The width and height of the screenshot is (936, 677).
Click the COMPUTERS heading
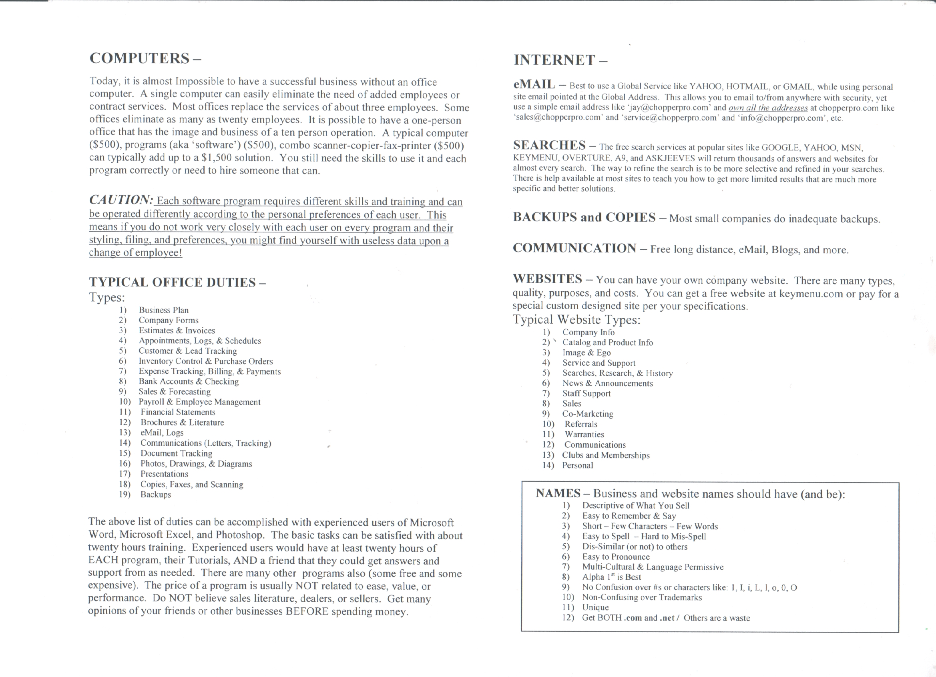pyautogui.click(x=139, y=58)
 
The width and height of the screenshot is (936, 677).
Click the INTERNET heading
pyautogui.click(x=554, y=60)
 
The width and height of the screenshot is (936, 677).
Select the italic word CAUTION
pyautogui.click(x=121, y=200)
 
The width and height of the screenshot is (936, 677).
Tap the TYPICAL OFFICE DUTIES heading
pyautogui.click(x=173, y=282)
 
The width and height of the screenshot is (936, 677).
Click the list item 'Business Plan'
pyautogui.click(x=163, y=310)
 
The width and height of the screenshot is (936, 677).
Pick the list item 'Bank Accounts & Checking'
pyautogui.click(x=189, y=382)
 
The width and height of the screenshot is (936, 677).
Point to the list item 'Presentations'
pyautogui.click(x=164, y=474)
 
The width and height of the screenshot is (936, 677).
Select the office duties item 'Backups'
pyautogui.click(x=156, y=495)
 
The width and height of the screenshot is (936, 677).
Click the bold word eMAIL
pyautogui.click(x=534, y=84)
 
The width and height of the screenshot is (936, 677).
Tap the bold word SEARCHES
pyautogui.click(x=549, y=145)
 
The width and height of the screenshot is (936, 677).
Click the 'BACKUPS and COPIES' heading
pyautogui.click(x=584, y=217)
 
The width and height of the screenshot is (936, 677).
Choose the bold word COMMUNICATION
pyautogui.click(x=574, y=248)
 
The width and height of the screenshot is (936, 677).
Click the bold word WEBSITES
pyautogui.click(x=547, y=279)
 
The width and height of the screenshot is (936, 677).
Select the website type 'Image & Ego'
pyautogui.click(x=587, y=353)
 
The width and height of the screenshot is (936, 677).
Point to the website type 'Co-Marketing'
pyautogui.click(x=588, y=414)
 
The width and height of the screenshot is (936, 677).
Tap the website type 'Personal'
pyautogui.click(x=577, y=465)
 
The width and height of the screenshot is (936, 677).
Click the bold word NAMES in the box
pyautogui.click(x=558, y=493)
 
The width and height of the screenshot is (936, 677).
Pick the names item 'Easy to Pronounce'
pyautogui.click(x=616, y=557)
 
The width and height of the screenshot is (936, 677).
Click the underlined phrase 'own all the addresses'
pyautogui.click(x=767, y=108)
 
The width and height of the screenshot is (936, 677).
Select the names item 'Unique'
pyautogui.click(x=595, y=607)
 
